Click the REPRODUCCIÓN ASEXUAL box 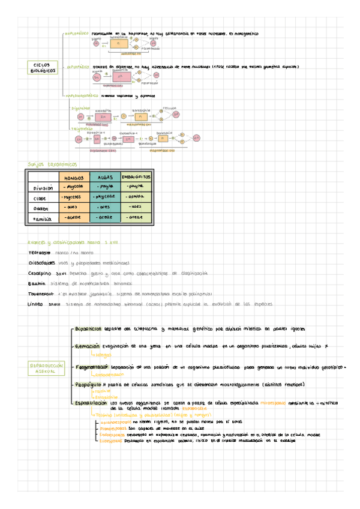point(44,368)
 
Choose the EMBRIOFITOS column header point(136,178)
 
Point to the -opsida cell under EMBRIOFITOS point(136,197)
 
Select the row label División point(42,188)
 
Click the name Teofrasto point(40,253)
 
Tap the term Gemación point(88,346)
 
